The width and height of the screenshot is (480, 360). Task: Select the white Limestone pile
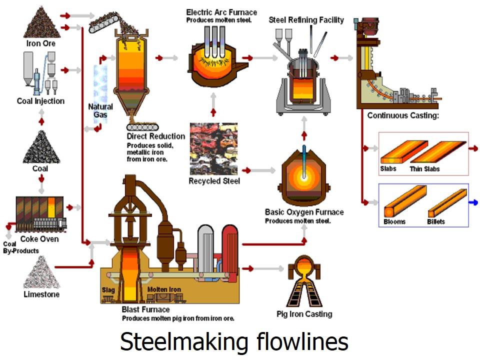click(41, 273)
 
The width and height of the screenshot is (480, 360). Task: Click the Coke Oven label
click(39, 239)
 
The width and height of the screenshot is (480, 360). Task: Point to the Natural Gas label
click(100, 110)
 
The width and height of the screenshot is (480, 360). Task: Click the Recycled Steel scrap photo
click(213, 148)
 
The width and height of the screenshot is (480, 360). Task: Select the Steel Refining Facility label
click(306, 20)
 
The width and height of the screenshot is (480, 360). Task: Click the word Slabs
click(388, 168)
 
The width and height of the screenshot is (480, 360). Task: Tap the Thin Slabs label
click(424, 169)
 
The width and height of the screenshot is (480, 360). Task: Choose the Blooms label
click(394, 221)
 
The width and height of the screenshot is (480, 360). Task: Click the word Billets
click(436, 221)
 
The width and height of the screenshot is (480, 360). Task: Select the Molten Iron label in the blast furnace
click(164, 289)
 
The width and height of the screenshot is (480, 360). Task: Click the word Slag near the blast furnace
click(108, 289)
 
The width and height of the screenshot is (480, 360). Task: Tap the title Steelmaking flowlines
click(234, 342)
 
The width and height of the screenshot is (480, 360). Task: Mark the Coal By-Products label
click(20, 247)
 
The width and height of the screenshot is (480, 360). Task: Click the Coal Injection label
click(40, 101)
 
